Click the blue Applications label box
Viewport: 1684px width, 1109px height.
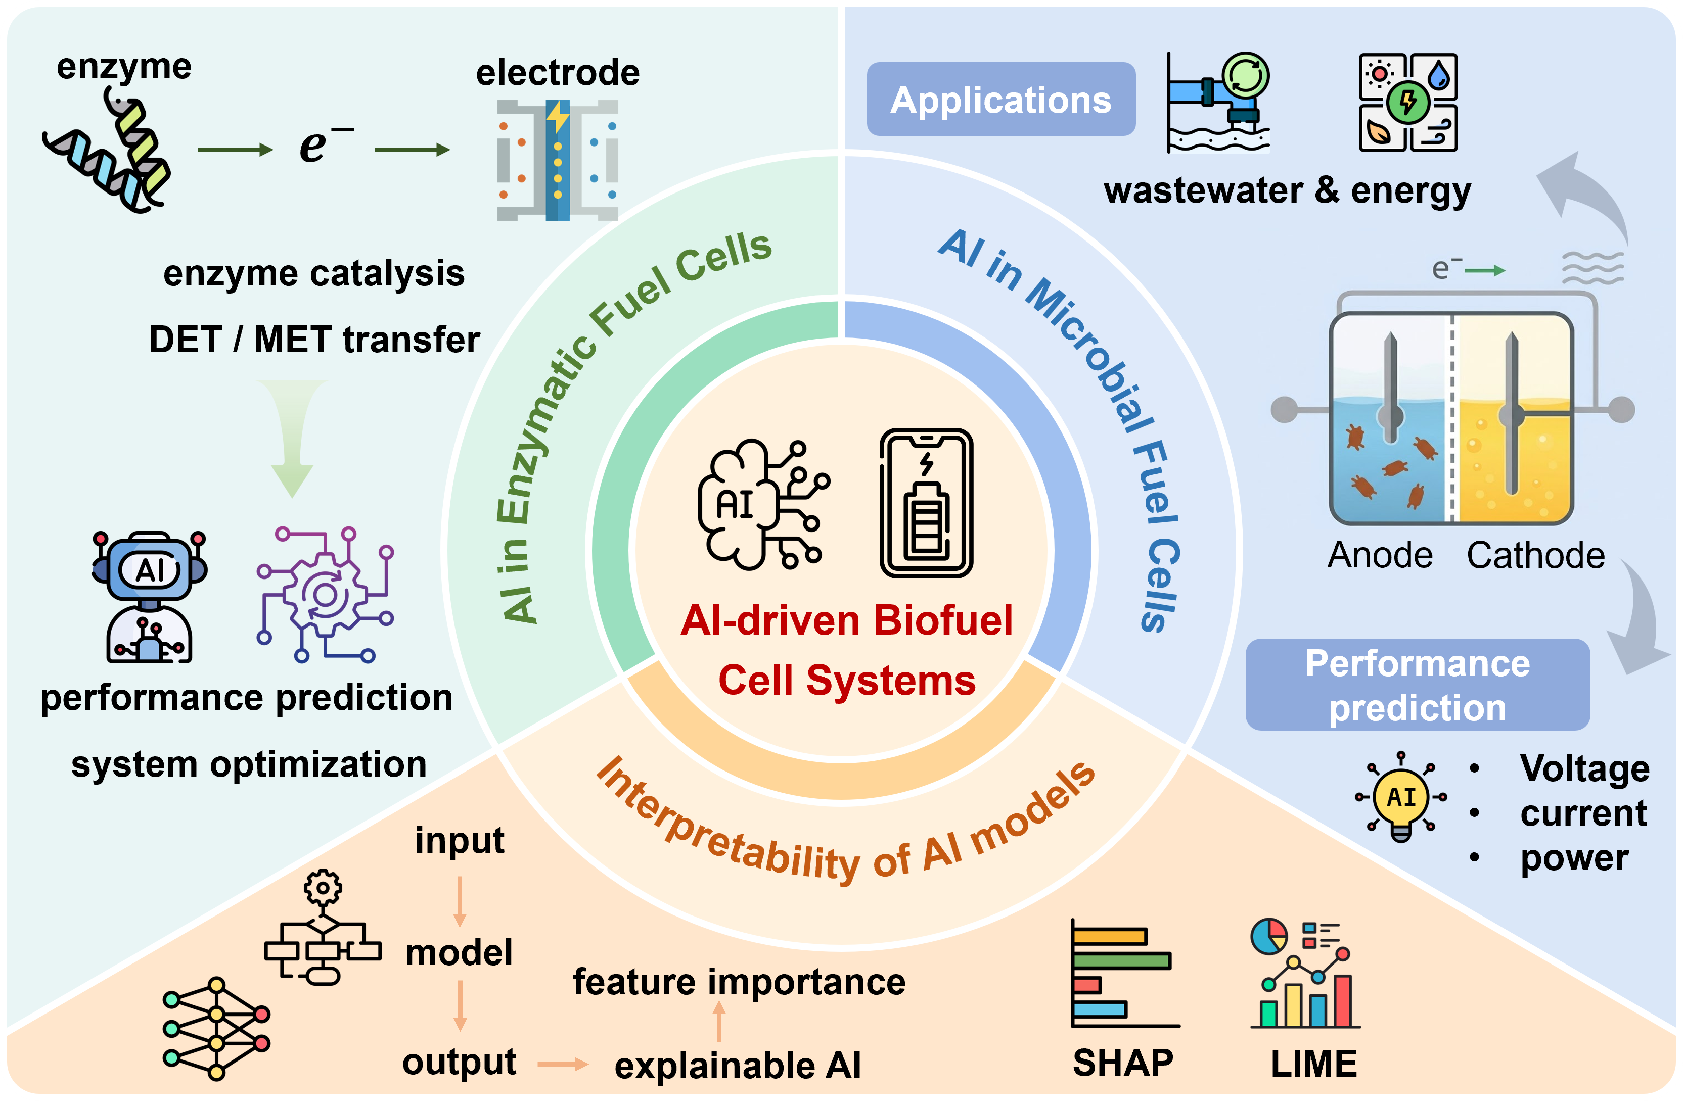(1000, 99)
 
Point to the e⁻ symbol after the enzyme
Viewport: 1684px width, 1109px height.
(322, 145)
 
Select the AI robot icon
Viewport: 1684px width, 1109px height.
(149, 596)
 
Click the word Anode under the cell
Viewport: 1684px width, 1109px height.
(1380, 555)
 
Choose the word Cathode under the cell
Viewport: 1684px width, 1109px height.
(1535, 555)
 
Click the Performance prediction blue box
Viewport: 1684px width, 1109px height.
(1417, 685)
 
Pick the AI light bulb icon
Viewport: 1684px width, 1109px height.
(1401, 798)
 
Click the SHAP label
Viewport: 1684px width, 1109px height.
(1123, 1063)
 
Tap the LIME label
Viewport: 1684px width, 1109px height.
(1314, 1064)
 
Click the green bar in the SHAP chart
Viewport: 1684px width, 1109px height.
(1121, 960)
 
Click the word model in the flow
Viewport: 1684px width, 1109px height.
(459, 953)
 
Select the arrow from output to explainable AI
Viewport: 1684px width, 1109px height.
(563, 1064)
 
